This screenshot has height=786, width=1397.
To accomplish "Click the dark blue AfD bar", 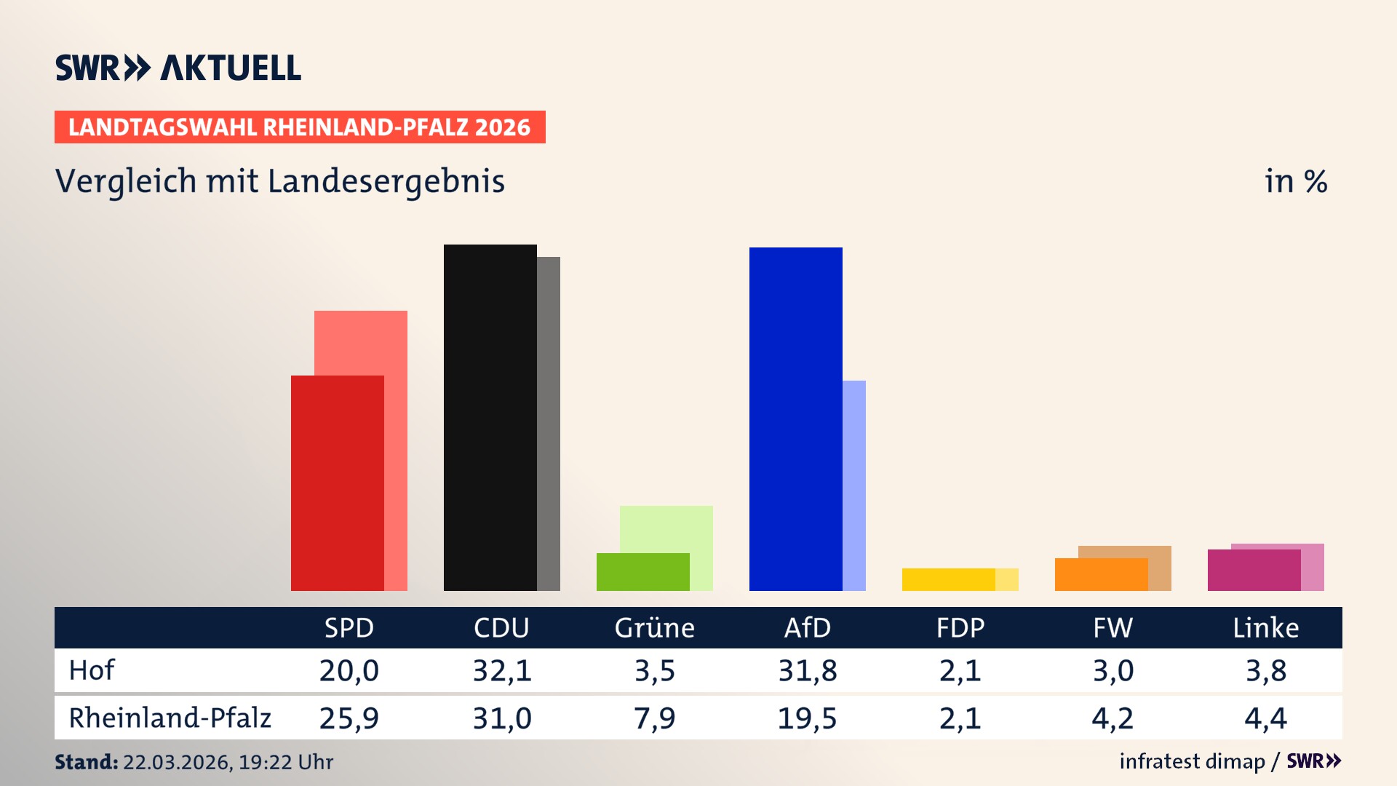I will point(795,418).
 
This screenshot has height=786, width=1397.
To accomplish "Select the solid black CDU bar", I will point(490,417).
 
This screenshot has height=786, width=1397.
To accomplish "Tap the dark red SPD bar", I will point(337,483).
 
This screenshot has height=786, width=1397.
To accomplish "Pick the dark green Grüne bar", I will point(642,572).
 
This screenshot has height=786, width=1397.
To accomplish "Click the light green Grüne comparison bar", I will point(666,528).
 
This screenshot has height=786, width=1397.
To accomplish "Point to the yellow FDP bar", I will point(948,579).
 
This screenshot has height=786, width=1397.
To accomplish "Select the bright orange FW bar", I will point(1101,574).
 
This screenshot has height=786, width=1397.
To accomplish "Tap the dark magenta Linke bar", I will point(1254,570).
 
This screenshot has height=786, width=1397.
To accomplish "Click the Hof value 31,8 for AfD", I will point(808,670).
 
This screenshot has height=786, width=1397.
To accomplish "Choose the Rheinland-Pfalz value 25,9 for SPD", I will point(349,718).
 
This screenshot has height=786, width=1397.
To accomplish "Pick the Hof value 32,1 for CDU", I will point(502,670).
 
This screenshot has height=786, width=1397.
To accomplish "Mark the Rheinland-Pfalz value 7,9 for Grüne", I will point(655,718).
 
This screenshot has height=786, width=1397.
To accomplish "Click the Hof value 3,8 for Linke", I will point(1266,670).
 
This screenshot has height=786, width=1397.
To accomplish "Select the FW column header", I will point(1113,627).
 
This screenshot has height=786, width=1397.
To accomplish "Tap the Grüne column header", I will point(655,627).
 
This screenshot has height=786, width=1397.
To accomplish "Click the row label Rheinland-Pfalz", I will point(170,718).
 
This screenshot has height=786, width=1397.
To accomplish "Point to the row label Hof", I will point(92,670).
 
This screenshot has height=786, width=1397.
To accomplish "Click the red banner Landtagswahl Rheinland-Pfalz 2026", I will point(300,127).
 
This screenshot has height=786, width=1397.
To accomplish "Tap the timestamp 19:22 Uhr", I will point(285,762).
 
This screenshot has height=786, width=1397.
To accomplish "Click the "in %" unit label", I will point(1295,182).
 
